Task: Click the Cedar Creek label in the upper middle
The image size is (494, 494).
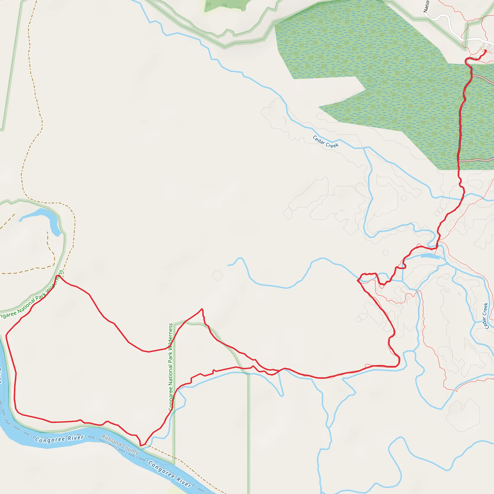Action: coord(325,142)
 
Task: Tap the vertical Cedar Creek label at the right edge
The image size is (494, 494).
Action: coord(485,316)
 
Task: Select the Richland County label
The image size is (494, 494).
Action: coord(120,444)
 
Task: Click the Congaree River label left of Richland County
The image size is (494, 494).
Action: coord(59,439)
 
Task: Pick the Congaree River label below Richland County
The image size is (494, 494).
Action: coord(170,474)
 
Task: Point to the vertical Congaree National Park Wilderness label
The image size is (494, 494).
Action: coord(171,367)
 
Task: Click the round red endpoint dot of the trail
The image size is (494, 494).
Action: coord(485,51)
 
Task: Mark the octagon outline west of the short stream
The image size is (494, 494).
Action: coord(217,275)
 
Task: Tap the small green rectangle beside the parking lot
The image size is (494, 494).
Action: coord(481,48)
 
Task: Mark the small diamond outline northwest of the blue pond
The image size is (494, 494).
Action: coord(386,253)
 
